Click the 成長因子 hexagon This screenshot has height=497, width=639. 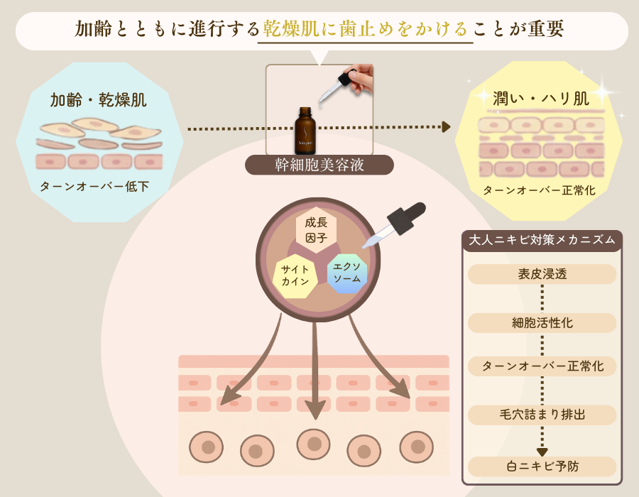click(x=316, y=231)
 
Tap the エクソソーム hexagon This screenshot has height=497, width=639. click(x=347, y=273)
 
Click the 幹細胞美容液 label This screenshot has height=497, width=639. click(x=319, y=165)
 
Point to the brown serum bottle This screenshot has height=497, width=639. click(x=305, y=131)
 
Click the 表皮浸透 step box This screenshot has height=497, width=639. click(x=542, y=274)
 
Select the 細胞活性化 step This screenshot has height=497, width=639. click(x=542, y=323)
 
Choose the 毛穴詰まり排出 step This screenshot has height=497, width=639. click(x=542, y=415)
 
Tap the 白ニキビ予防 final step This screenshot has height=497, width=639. click(x=542, y=466)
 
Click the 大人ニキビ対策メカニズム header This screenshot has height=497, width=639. click(x=542, y=240)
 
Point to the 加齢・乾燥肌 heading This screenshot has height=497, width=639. click(x=98, y=100)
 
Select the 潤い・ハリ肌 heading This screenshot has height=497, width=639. click(x=541, y=98)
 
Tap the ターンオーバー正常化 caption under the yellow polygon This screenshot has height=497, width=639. click(x=539, y=190)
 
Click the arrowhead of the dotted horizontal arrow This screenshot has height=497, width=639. click(x=446, y=126)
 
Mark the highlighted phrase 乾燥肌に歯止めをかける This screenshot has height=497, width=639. click(x=366, y=28)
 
